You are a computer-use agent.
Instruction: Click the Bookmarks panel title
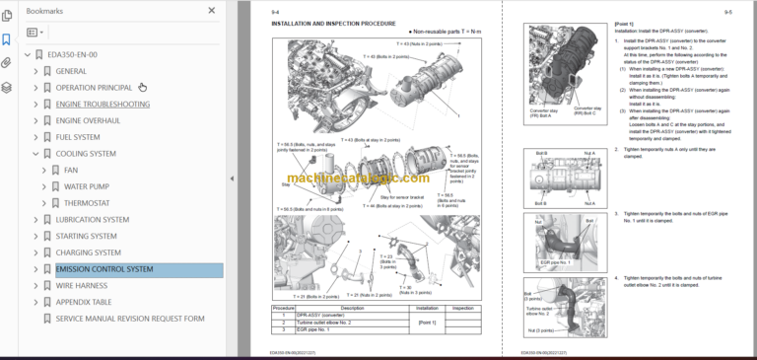[x=47, y=11]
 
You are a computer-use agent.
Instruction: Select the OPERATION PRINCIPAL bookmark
[x=94, y=87]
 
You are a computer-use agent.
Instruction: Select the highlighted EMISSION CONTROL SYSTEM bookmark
[x=104, y=269]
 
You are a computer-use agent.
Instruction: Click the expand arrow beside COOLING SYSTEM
[x=35, y=154]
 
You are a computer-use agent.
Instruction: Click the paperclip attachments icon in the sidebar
[x=8, y=63]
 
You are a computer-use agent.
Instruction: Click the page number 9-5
[x=727, y=13]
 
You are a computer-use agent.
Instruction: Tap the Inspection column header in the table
[x=461, y=307]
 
